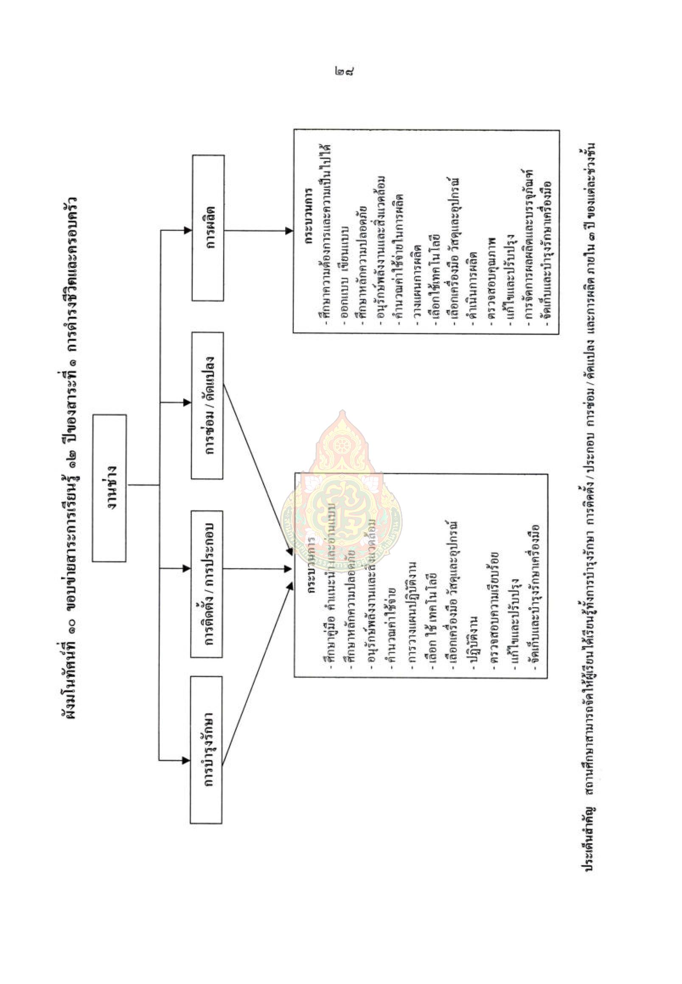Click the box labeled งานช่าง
click(x=109, y=488)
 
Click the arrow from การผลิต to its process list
click(x=258, y=231)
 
